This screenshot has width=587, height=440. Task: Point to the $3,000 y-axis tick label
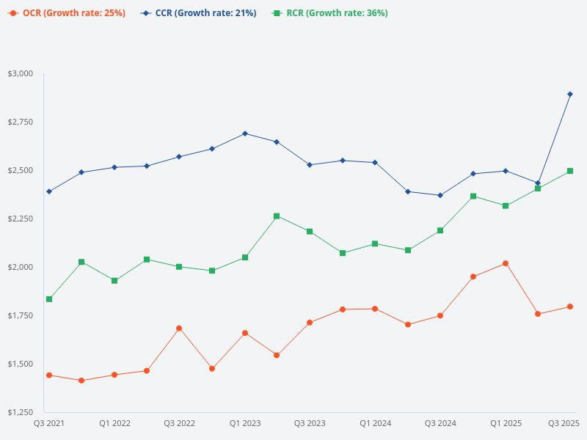[x=20, y=73]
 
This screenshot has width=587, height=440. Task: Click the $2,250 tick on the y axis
[x=20, y=219]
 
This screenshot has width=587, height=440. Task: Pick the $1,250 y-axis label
[x=20, y=412]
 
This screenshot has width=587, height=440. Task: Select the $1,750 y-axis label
[x=20, y=315]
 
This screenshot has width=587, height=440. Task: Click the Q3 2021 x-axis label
[x=49, y=423]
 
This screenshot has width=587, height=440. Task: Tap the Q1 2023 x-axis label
[x=245, y=423]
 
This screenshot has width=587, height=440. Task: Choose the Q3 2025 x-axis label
[x=564, y=423]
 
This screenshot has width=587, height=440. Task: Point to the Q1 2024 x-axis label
[x=375, y=423]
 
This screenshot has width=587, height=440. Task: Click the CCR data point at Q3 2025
[x=570, y=94]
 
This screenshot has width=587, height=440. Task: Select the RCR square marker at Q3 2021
[x=49, y=299]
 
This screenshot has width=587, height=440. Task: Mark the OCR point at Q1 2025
[x=506, y=263]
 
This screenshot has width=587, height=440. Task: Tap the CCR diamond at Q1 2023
[x=245, y=133]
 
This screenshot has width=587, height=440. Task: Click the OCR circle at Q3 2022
[x=179, y=329]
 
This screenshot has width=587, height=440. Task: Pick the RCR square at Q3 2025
[x=570, y=171]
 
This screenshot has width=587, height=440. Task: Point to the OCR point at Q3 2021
[x=49, y=375]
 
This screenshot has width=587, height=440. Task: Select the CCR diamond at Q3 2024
[x=440, y=195]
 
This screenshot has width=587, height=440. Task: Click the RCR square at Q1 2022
[x=114, y=281]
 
